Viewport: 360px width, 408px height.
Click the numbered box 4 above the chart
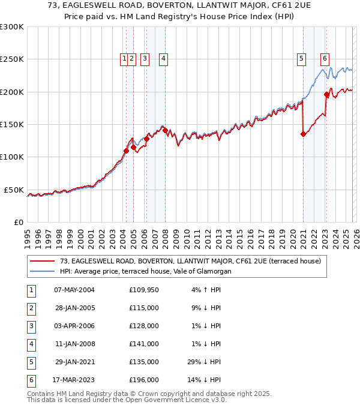163,59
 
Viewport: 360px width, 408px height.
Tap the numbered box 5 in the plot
301,59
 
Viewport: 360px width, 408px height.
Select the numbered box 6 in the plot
325,59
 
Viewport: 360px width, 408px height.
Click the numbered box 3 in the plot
145,59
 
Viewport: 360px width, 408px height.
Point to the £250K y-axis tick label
12,59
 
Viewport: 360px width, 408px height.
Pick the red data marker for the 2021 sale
303,134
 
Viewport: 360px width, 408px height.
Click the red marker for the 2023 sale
326,94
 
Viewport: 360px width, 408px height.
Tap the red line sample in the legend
43,261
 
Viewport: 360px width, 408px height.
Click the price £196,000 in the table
144,380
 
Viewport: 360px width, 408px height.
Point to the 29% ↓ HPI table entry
206,362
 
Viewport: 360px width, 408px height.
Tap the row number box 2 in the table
30,308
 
